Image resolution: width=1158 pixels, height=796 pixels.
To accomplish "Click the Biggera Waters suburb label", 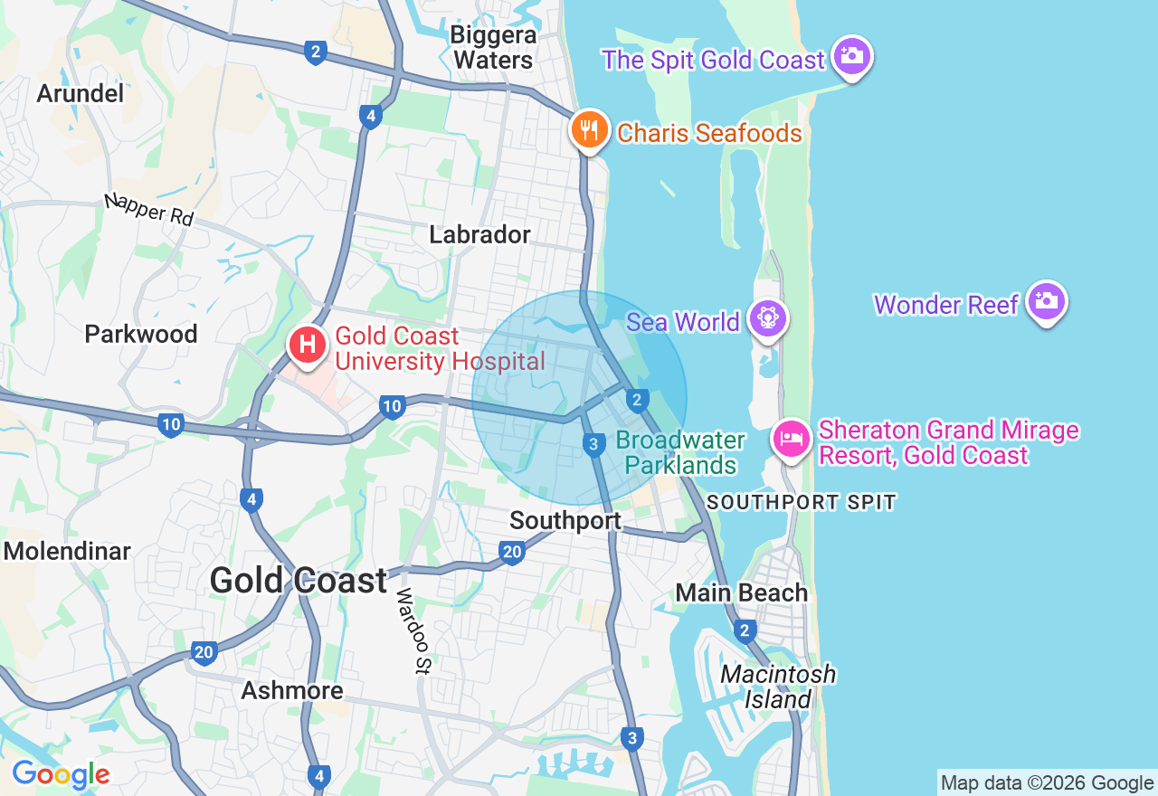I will click(493, 48).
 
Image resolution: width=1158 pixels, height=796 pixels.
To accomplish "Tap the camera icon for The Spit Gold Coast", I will click(851, 56).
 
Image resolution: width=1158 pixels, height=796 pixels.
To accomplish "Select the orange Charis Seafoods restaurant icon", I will click(589, 129).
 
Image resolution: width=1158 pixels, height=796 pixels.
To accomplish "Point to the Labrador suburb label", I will click(479, 234).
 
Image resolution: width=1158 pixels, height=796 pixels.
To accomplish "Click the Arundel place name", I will click(80, 93).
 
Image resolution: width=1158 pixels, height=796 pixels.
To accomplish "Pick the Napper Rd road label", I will click(148, 208).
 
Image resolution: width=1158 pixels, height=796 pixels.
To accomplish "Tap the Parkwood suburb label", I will click(140, 334).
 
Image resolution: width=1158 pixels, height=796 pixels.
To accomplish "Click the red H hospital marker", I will click(308, 344).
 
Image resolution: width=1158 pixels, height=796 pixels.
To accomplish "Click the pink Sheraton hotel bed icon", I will click(792, 440).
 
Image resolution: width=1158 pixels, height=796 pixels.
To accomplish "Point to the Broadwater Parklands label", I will click(680, 453).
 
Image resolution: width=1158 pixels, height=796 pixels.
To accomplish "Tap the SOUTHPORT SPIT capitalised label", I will click(801, 502).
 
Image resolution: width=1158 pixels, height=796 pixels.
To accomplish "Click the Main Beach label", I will click(741, 592).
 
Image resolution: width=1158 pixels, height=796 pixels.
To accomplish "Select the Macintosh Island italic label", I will click(778, 687).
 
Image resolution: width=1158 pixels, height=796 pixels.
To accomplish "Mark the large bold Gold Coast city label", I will click(299, 580).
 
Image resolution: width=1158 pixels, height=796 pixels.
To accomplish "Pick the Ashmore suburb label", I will click(292, 691).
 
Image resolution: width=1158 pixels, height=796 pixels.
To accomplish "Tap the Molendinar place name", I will click(67, 551).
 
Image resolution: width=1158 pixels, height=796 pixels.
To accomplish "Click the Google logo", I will click(61, 774).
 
